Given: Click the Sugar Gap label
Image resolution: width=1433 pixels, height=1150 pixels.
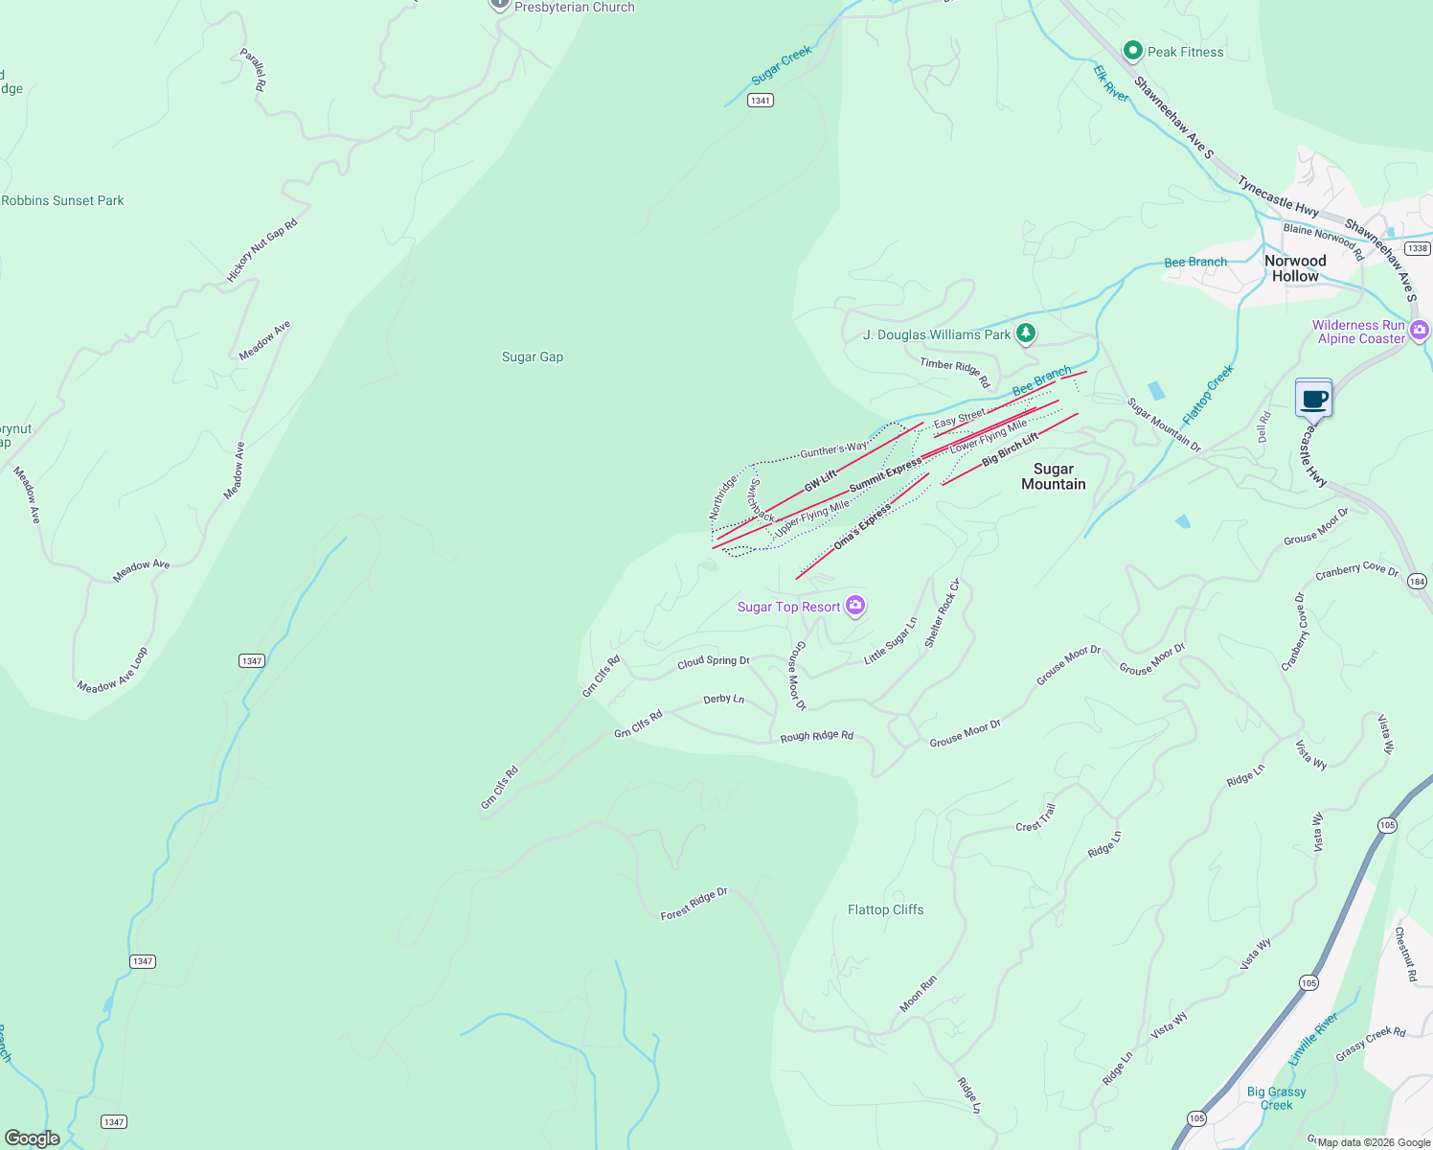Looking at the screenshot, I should pos(533,356).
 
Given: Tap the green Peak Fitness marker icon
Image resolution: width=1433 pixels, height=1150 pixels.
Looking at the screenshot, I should pos(1133,50).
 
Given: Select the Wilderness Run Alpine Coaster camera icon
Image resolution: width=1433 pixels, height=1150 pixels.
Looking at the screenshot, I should pos(1420,331).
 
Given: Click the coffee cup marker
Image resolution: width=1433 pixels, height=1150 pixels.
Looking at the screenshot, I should pos(1314,398).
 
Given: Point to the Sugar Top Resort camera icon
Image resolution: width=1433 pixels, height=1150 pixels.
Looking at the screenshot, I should pos(855,606).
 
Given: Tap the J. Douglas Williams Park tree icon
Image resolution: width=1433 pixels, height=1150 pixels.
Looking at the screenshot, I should pos(1026,333).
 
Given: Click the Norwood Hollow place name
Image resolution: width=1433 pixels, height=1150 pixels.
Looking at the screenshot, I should pos(1295,268).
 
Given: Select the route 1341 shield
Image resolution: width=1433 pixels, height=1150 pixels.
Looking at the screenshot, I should pos(761,100).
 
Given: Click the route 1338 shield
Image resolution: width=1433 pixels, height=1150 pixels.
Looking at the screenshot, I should pos(1418,248).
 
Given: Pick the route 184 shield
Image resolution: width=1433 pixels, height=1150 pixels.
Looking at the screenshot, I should pos(1418,581).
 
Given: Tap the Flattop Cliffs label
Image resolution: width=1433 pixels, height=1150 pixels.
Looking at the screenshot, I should pos(886,909).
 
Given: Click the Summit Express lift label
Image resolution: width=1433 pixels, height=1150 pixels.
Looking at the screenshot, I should pos(885,475).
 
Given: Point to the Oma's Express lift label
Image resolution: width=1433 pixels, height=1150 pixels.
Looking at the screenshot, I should pos(861,528).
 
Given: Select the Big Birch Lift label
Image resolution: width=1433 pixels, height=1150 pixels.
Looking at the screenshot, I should pos(1010,449).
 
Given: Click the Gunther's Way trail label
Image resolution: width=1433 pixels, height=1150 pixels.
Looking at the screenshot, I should pos(833,449).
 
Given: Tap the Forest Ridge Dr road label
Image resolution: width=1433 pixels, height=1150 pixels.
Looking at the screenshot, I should pos(694,904).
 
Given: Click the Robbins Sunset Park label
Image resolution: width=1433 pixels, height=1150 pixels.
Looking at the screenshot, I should pos(63,200).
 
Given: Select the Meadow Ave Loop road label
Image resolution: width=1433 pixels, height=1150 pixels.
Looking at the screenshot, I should pos(113,670).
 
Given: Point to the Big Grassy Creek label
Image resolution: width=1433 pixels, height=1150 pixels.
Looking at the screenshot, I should pos(1276,1098).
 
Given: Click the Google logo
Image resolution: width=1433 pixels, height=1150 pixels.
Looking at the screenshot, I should pos(33,1138).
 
